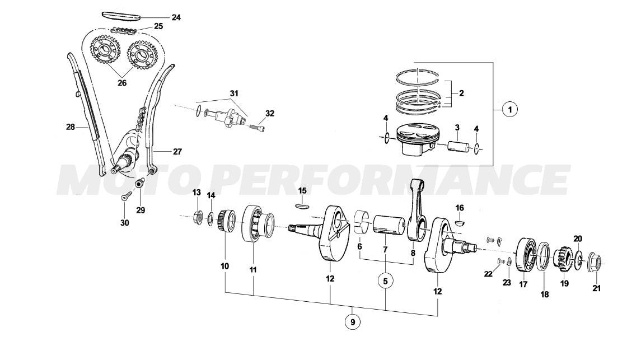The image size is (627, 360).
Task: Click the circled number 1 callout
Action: coord(509,110)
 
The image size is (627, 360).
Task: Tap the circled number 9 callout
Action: coord(353,322)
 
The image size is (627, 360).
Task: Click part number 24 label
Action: coord(176,18)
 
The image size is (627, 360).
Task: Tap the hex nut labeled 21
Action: coord(595,262)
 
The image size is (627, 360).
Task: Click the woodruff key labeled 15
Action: coord(302,205)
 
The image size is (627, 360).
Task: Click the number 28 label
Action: coord(71,127)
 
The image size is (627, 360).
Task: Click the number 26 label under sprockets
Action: coord(121,83)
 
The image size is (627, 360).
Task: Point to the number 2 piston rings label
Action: coord(461,93)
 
